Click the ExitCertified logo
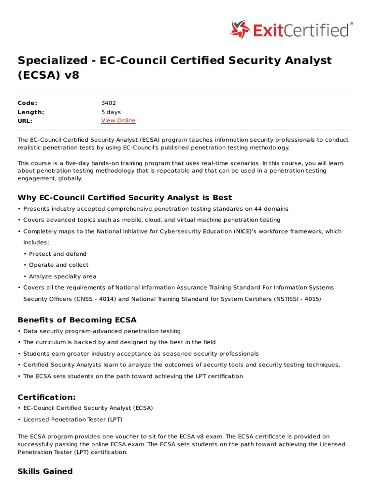pyautogui.click(x=291, y=30)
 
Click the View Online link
pyautogui.click(x=118, y=120)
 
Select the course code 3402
pyautogui.click(x=108, y=103)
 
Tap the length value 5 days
pyautogui.click(x=111, y=112)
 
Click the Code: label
pyautogui.click(x=27, y=103)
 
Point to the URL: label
pyautogui.click(x=25, y=120)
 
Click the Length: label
pyautogui.click(x=30, y=112)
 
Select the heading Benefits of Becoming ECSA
pyautogui.click(x=77, y=320)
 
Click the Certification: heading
pyautogui.click(x=46, y=397)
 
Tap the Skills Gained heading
pyautogui.click(x=45, y=471)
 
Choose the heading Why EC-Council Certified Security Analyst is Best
pyautogui.click(x=125, y=197)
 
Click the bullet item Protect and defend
pyautogui.click(x=57, y=254)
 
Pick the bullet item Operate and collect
pyautogui.click(x=58, y=265)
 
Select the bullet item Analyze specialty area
pyautogui.click(x=62, y=277)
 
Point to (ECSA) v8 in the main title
pyautogui.click(x=48, y=75)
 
